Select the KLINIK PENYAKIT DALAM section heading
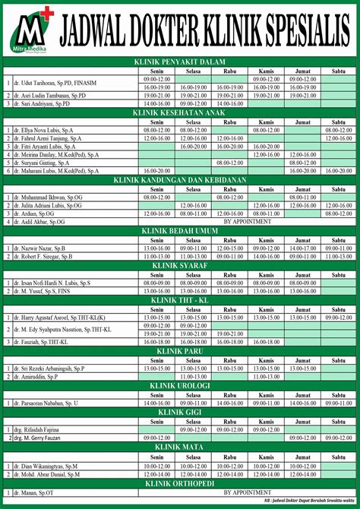click(180, 63)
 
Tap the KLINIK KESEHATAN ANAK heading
click(180, 112)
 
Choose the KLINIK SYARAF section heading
click(180, 265)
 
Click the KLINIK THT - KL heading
click(180, 300)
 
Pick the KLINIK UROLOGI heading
click(180, 385)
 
